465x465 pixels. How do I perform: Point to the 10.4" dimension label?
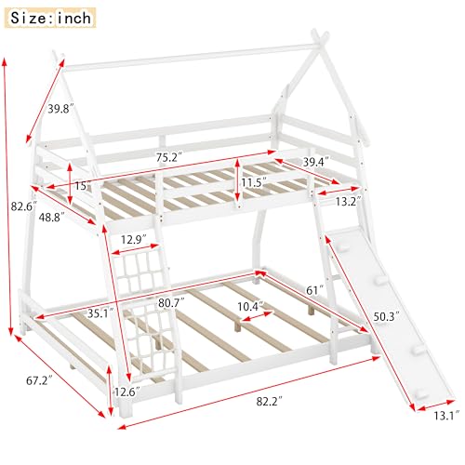click(x=249, y=306)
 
